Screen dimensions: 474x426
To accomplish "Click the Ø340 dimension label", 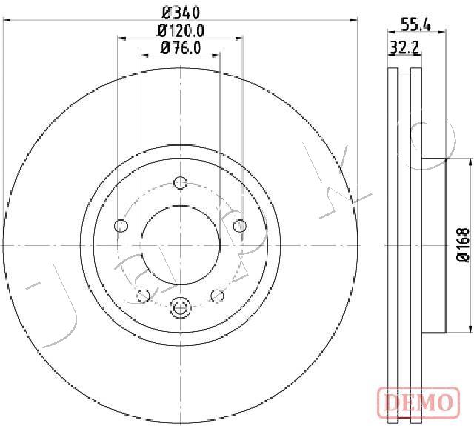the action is (181, 13).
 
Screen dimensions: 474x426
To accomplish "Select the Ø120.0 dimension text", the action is (181, 31).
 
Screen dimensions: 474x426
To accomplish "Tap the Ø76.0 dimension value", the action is (181, 48).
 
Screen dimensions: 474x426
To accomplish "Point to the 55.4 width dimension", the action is (415, 24).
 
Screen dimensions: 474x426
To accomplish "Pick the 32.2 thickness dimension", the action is (404, 47).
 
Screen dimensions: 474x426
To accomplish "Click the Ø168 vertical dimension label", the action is (463, 244).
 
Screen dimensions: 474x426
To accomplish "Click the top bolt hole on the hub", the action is (181, 182).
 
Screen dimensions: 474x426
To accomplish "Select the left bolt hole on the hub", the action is (121, 225).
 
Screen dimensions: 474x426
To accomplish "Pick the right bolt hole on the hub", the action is (240, 225).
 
